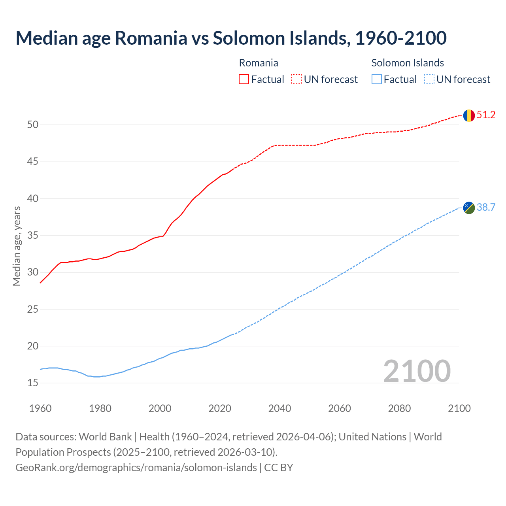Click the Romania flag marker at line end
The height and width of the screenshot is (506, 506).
coord(468,115)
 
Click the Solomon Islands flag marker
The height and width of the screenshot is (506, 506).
coord(468,208)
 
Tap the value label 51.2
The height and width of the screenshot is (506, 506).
coord(486,115)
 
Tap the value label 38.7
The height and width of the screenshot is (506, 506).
coord(486,208)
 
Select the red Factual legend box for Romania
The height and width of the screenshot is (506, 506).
coord(244,79)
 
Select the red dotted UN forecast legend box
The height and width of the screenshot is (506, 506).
coord(296,79)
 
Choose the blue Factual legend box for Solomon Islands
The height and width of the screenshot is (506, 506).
coord(377,79)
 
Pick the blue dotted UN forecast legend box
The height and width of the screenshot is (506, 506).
coord(429,79)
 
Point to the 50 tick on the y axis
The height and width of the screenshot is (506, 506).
coord(33,125)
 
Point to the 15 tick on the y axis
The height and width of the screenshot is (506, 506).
coord(33,383)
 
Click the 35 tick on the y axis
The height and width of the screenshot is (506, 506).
coord(33,236)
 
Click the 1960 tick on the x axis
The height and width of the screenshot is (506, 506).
coord(40,408)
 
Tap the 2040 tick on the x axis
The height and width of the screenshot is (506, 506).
coord(279,408)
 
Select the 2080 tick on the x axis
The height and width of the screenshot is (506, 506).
coord(399,408)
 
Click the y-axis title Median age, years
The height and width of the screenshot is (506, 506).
coord(17,246)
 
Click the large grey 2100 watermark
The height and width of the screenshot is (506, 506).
coord(417,371)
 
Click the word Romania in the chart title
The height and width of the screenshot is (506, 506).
coord(151,38)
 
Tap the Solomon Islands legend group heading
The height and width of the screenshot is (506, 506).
coord(408,63)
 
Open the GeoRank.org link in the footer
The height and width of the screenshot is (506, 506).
coord(136,468)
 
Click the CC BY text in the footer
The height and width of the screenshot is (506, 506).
coord(279,468)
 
